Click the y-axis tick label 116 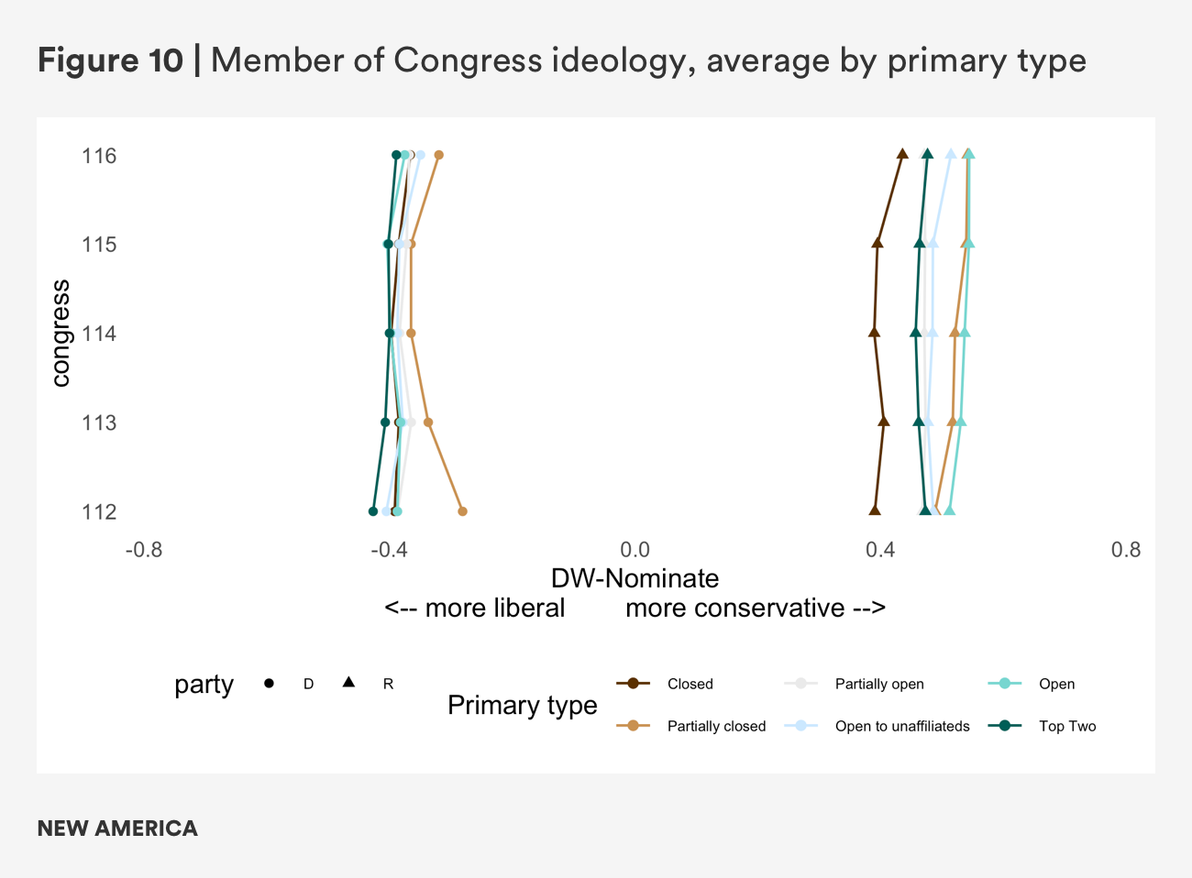[x=99, y=156]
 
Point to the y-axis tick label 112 [x=99, y=511]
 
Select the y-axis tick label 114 [x=99, y=334]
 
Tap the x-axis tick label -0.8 [x=143, y=550]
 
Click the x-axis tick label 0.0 [x=635, y=550]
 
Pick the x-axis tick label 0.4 [x=880, y=550]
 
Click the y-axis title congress [x=61, y=334]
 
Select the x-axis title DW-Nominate [x=635, y=578]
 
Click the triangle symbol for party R [x=348, y=683]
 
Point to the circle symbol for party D [x=269, y=684]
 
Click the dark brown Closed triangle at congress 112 [x=875, y=510]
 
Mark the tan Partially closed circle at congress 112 [x=462, y=511]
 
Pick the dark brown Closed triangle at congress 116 [x=902, y=154]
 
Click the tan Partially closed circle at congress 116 [x=439, y=155]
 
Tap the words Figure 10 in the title [x=110, y=60]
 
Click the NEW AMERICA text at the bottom [x=117, y=829]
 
